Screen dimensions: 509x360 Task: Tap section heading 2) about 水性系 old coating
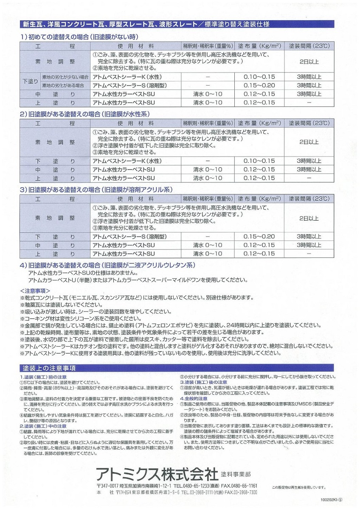[x=85, y=114]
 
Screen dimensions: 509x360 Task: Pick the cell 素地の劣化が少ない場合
[x=65, y=77]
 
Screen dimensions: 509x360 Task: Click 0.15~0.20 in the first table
[x=259, y=85]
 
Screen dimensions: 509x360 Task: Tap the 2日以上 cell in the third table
[x=309, y=218]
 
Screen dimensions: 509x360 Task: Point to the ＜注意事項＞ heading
[x=35, y=291]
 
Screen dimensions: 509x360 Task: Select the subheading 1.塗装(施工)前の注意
[x=43, y=377]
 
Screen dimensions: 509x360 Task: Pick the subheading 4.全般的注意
[x=194, y=399]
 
